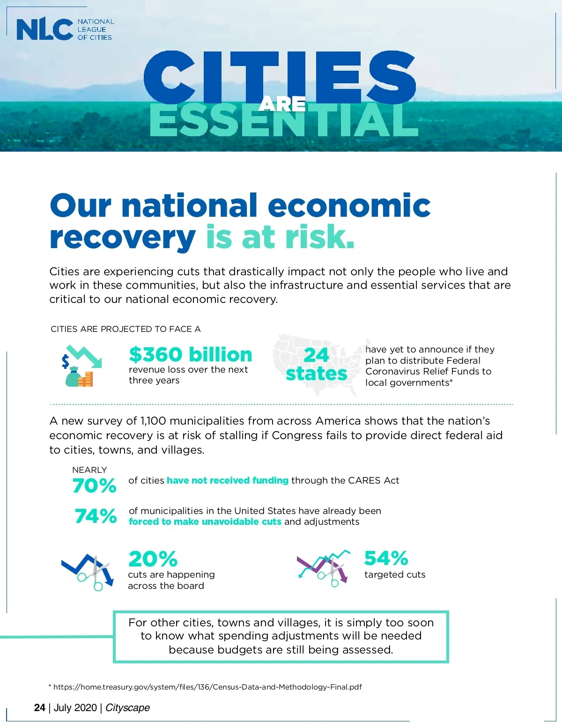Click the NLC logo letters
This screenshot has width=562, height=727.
pyautogui.click(x=44, y=29)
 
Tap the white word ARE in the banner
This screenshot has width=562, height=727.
pyautogui.click(x=282, y=104)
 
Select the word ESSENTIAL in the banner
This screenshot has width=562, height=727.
pyautogui.click(x=283, y=121)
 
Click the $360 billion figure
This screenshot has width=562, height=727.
pyautogui.click(x=191, y=354)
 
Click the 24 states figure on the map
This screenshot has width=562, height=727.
pyautogui.click(x=317, y=364)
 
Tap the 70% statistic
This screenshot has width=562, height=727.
pyautogui.click(x=94, y=485)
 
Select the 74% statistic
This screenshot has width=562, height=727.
pyautogui.click(x=96, y=516)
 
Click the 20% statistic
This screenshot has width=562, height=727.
pyautogui.click(x=153, y=558)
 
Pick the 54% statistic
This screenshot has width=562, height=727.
pyautogui.click(x=386, y=558)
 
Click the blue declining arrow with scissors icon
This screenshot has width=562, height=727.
pyautogui.click(x=88, y=572)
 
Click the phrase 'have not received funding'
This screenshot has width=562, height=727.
pyautogui.click(x=228, y=480)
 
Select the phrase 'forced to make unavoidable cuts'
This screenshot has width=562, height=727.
pyautogui.click(x=205, y=521)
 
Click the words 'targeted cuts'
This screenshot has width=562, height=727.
pyautogui.click(x=395, y=574)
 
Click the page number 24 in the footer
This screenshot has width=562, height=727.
pyautogui.click(x=40, y=707)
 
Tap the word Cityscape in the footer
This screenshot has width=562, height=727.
pyautogui.click(x=127, y=707)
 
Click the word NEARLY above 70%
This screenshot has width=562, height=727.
pyautogui.click(x=89, y=470)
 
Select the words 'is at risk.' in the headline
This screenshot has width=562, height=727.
pyautogui.click(x=280, y=237)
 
